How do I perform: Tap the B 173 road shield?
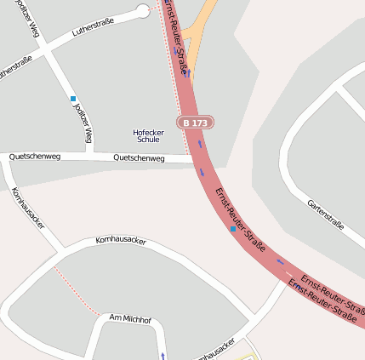195,123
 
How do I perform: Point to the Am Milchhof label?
130,318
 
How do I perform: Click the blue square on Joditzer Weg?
73,99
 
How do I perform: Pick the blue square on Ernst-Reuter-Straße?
233,229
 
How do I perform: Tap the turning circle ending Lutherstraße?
142,10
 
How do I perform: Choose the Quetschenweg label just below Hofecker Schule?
139,158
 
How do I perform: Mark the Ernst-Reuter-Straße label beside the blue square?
240,220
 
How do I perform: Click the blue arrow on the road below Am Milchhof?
163,354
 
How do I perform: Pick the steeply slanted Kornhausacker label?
28,209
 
